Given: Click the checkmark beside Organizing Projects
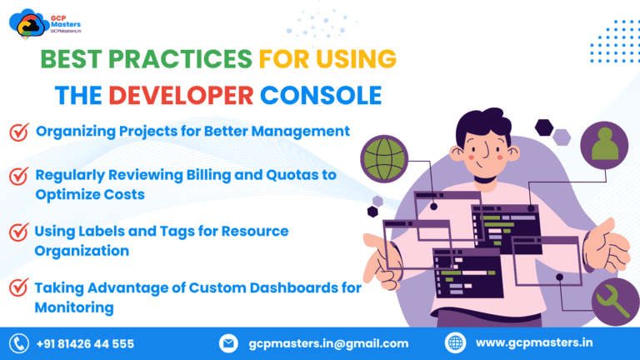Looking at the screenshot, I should pyautogui.click(x=18, y=132).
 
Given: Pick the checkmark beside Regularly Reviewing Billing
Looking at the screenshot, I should pyautogui.click(x=18, y=177).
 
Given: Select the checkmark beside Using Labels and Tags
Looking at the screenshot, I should pyautogui.click(x=18, y=232).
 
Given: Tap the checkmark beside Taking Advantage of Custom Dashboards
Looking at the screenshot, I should pyautogui.click(x=18, y=288).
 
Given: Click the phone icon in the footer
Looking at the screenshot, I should pyautogui.click(x=18, y=342).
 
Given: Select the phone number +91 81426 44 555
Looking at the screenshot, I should pyautogui.click(x=85, y=343).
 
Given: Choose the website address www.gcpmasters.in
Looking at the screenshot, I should pyautogui.click(x=533, y=342).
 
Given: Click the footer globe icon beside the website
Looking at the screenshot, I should pyautogui.click(x=456, y=342).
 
